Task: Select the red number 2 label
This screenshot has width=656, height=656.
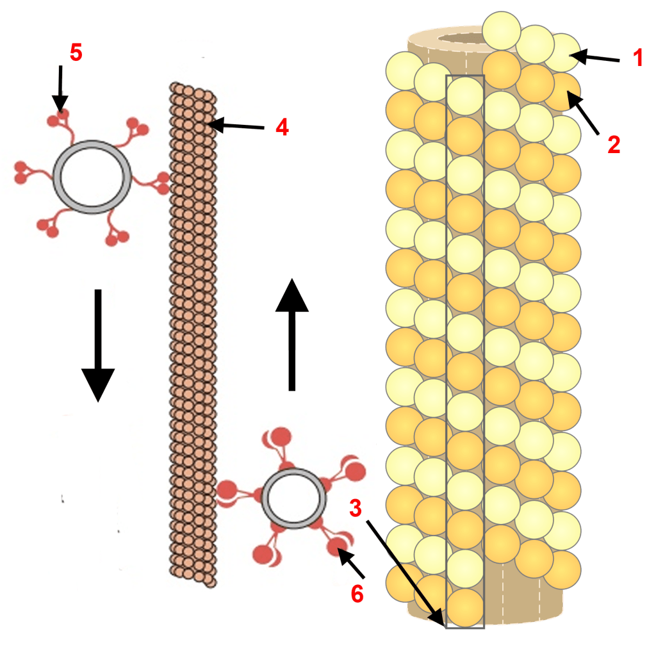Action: (614, 145)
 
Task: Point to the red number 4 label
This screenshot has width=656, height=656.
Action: (282, 127)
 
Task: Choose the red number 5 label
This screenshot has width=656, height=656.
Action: (76, 53)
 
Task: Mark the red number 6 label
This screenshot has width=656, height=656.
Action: (357, 594)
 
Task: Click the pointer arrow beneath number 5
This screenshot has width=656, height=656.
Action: (60, 87)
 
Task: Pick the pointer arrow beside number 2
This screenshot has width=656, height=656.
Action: (584, 115)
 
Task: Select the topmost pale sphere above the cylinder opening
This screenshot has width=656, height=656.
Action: (501, 30)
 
